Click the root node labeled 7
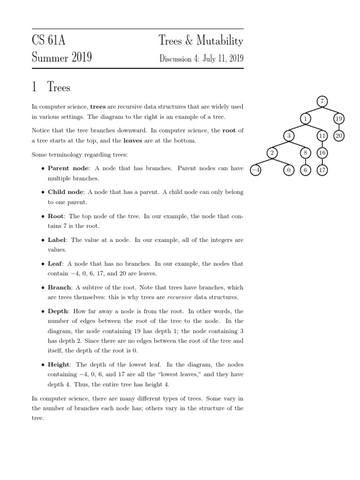pos(322,101)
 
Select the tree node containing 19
pos(339,119)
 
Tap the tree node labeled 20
pos(339,136)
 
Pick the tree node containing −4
pos(255,171)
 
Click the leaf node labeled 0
pos(289,171)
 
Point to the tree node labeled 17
pos(322,171)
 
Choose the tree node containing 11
pos(322,136)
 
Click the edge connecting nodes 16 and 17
pos(322,162)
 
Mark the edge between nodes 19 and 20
pos(339,127)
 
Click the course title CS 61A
pos(49,41)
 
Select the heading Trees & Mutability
pos(201,41)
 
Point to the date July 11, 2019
pos(223,59)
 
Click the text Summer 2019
pos(61,58)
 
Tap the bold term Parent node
pos(65,168)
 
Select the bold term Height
pos(59,364)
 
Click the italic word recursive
pos(180,297)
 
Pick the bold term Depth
pos(58,311)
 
